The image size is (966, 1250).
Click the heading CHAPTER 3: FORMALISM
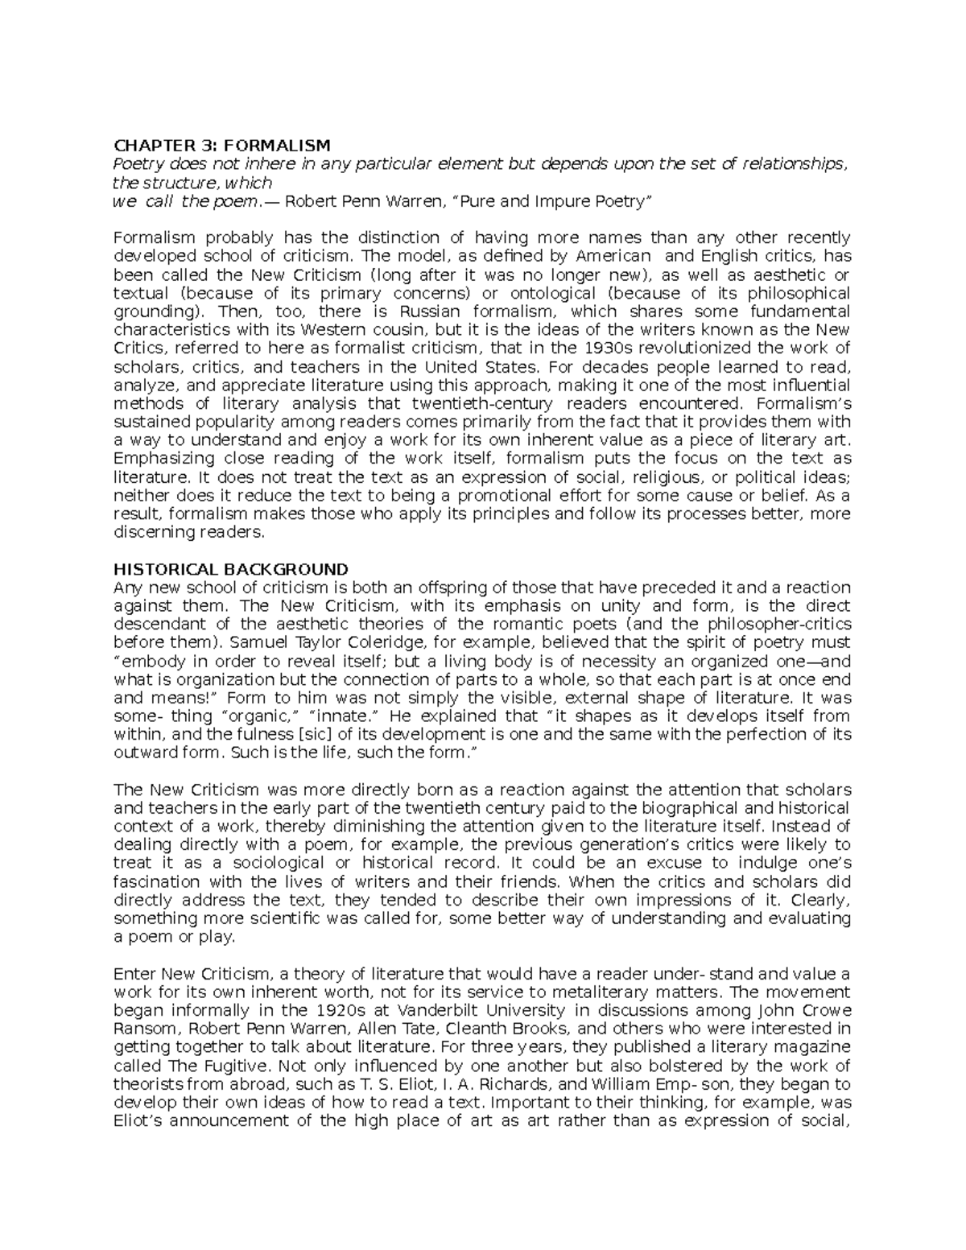click(x=222, y=146)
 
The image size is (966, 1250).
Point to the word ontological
click(x=547, y=293)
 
